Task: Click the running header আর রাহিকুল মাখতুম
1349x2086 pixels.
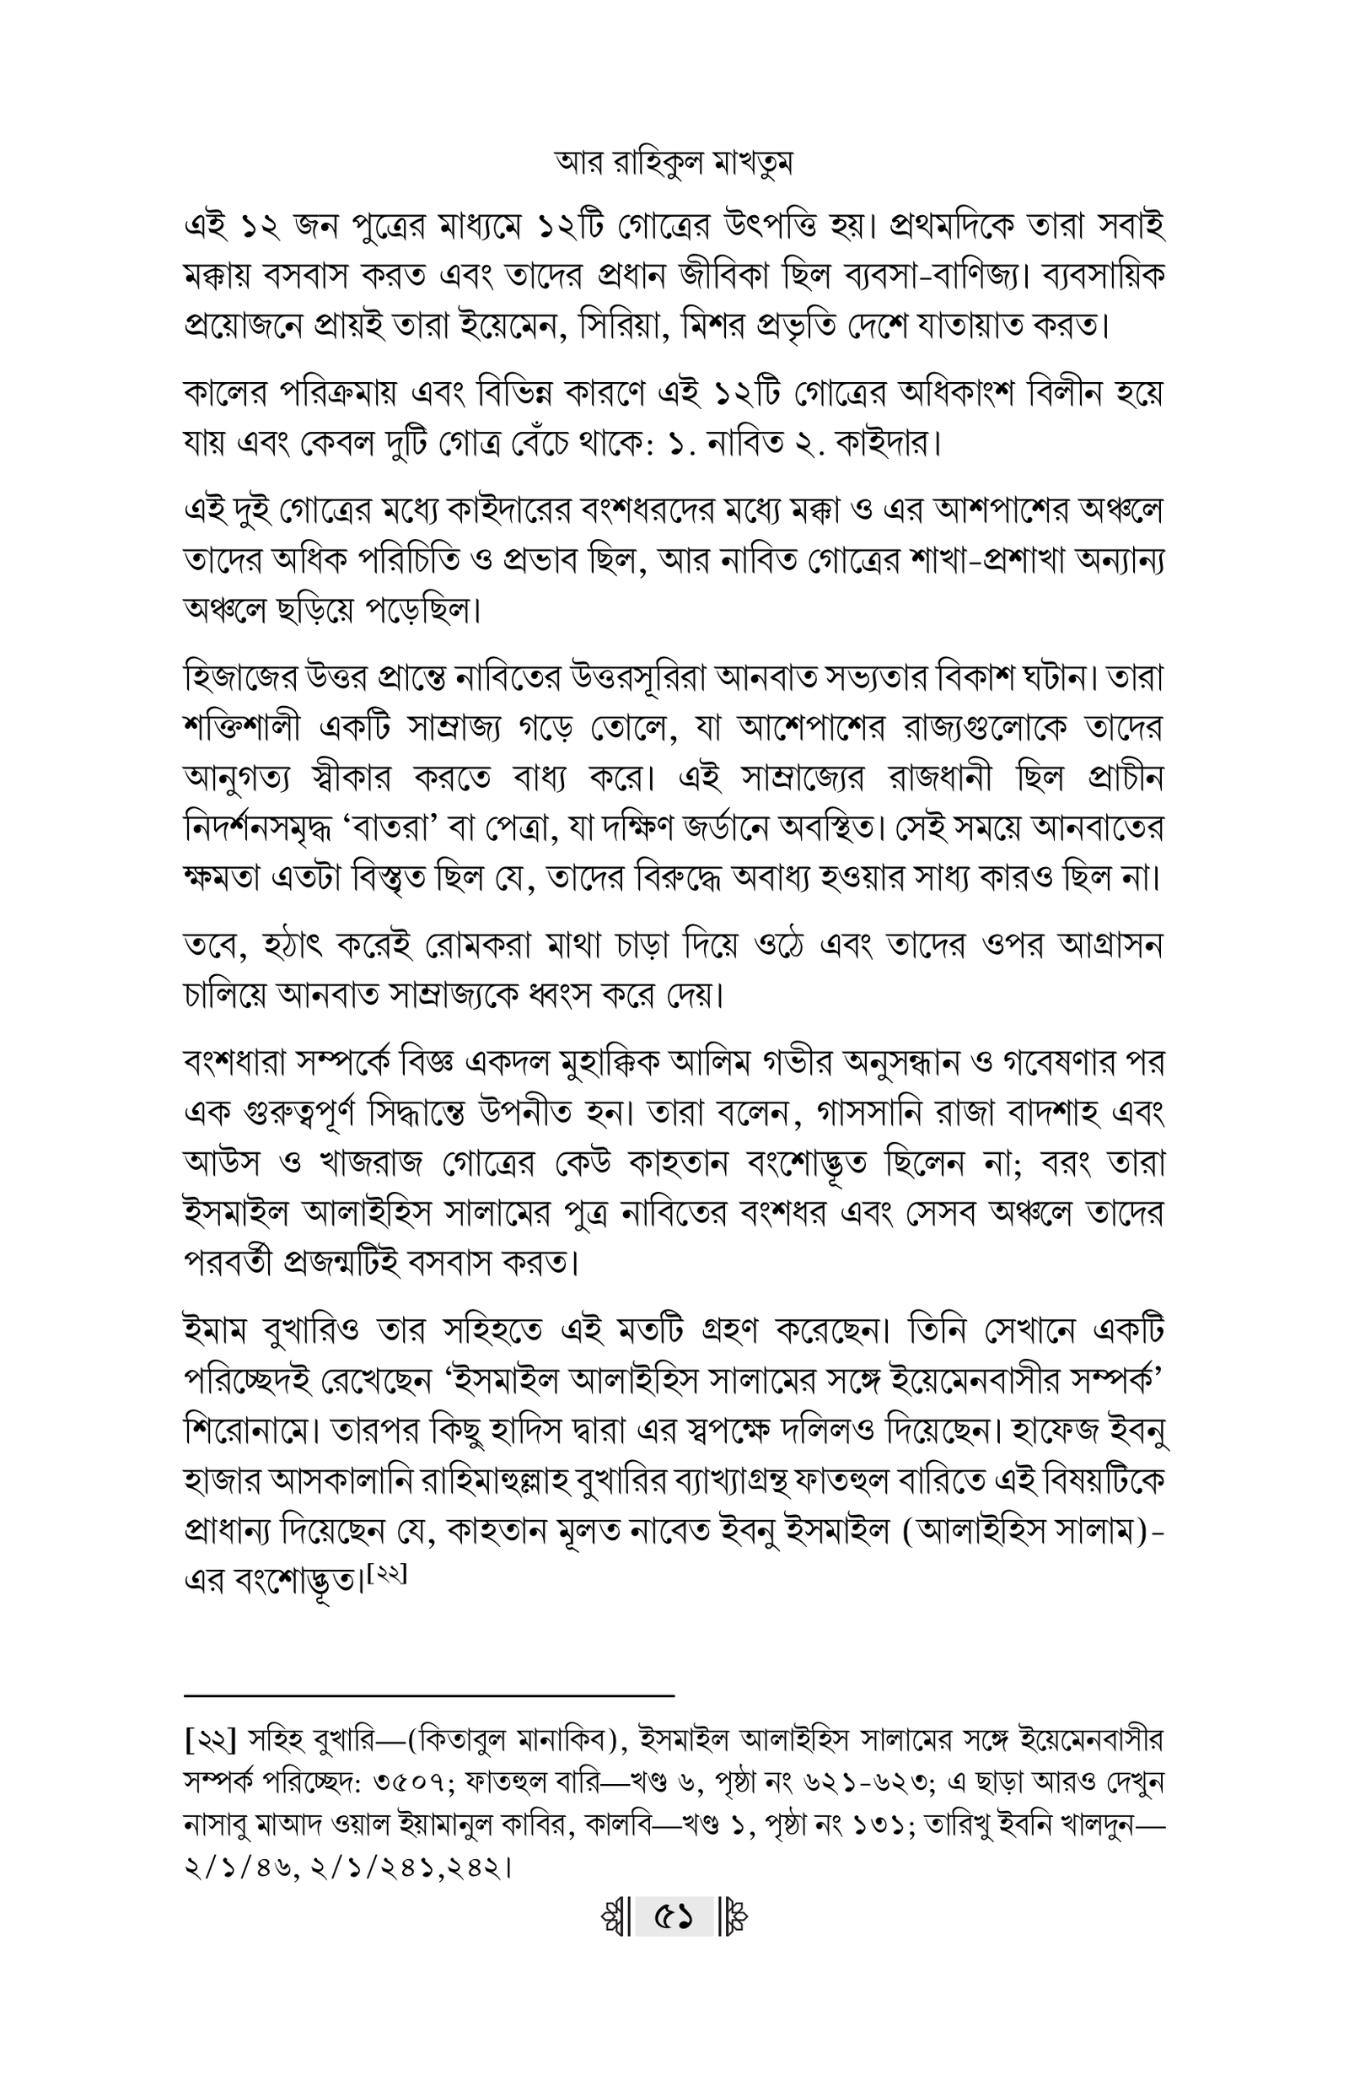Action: coord(674,164)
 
